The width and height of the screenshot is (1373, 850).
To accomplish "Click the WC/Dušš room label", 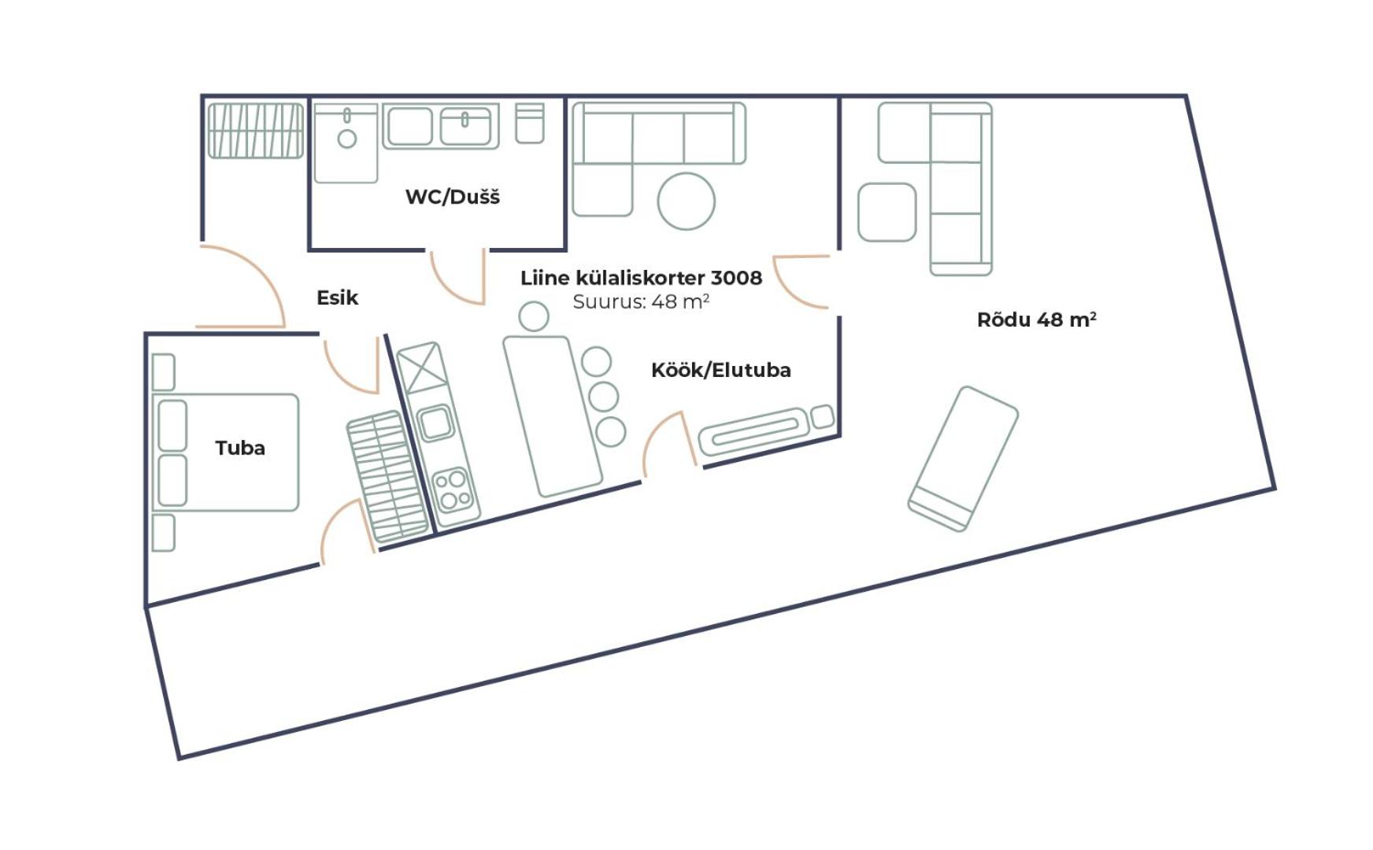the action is coord(452,197).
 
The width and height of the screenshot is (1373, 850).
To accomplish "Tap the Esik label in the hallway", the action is coord(337,297).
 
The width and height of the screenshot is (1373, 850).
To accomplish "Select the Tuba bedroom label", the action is coord(240,448).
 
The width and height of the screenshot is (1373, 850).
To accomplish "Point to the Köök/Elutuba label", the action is coord(721,370).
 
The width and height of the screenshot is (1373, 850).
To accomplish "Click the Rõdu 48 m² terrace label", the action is coord(1037,319).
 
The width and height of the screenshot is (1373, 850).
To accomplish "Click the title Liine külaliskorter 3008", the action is coord(641,278).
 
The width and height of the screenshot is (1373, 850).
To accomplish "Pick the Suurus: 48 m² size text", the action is coord(641,301).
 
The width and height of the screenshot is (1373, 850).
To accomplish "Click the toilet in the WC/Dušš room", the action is coord(530,123).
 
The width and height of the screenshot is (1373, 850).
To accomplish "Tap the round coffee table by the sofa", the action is coord(686,201).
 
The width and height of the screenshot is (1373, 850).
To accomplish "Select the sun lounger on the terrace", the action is coord(963,459).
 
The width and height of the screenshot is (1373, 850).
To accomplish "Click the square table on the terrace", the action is coord(887,213).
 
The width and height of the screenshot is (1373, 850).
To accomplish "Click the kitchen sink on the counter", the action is coord(436,423).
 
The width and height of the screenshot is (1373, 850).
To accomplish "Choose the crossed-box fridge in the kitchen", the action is coord(423,367).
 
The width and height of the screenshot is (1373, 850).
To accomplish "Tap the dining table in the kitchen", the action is coord(553,416).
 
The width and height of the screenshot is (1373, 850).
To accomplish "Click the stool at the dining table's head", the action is coord(534,316).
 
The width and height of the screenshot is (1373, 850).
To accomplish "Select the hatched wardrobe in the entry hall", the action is coord(255,131).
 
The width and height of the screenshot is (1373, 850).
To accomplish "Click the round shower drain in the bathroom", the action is coord(346,139).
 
